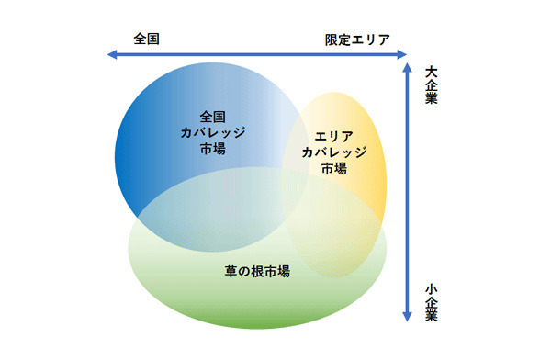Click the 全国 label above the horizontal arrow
[147, 39]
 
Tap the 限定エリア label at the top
[357, 39]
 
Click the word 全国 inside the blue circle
[212, 117]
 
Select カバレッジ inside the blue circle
[212, 132]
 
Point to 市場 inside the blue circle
[212, 148]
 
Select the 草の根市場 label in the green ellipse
[256, 271]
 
